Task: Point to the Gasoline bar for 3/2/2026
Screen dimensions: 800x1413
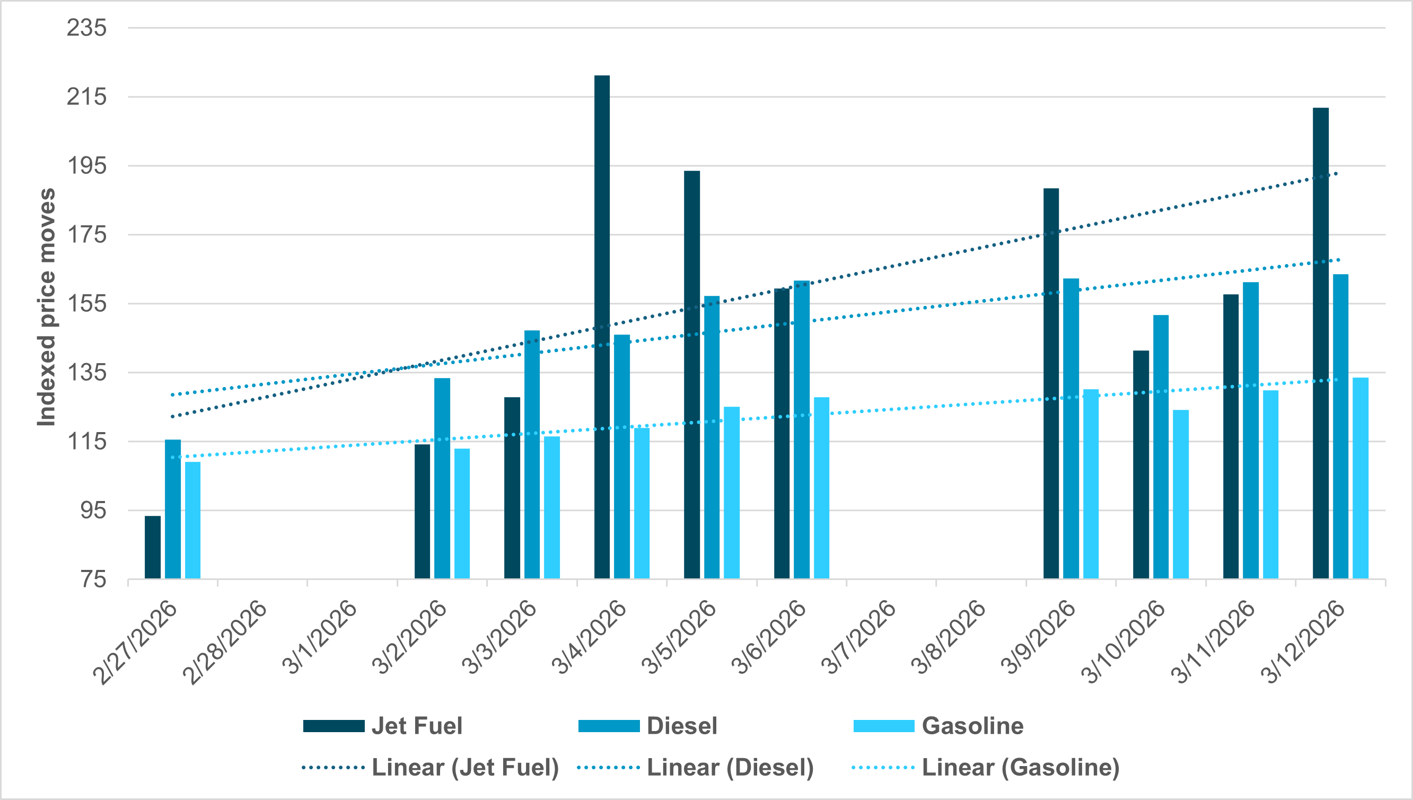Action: click(x=462, y=513)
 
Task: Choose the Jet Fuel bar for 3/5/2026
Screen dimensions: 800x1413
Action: click(x=692, y=375)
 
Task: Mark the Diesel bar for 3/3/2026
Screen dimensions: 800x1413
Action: click(x=532, y=454)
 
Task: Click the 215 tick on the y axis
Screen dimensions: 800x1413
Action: click(x=86, y=96)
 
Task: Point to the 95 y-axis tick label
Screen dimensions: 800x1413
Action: click(x=93, y=511)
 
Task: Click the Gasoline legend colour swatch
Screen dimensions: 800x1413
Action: click(x=883, y=726)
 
